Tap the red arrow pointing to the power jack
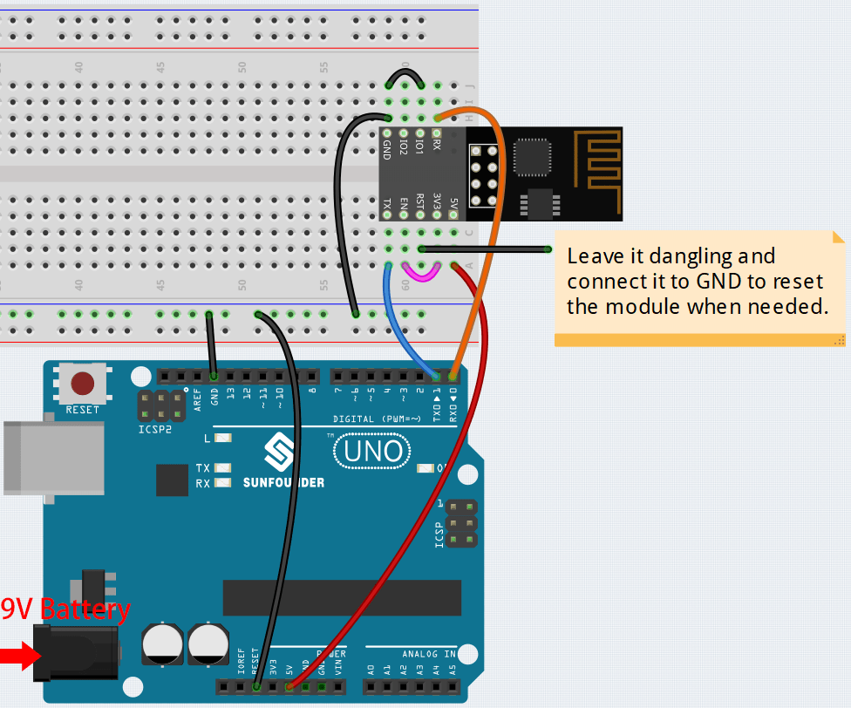pyautogui.click(x=15, y=656)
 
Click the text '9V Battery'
pyautogui.click(x=65, y=609)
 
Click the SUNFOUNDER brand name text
pyautogui.click(x=283, y=482)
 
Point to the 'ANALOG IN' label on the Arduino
pyautogui.click(x=428, y=653)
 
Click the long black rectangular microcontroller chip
pyautogui.click(x=341, y=596)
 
